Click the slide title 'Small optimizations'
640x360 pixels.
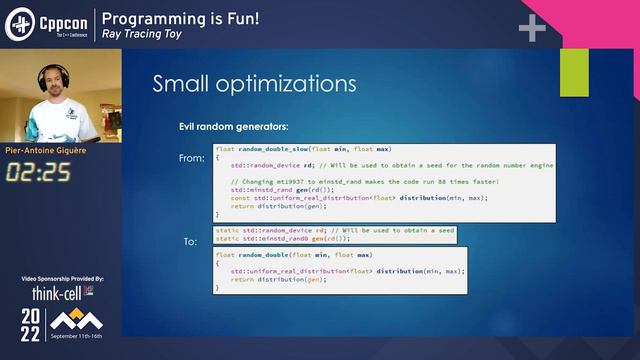click(x=254, y=83)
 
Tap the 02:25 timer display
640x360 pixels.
click(x=38, y=172)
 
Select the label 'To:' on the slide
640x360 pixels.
click(x=190, y=242)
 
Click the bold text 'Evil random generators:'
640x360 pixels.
click(x=233, y=127)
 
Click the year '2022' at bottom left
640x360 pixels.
click(x=32, y=323)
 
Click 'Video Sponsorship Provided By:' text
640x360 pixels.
click(x=62, y=278)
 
